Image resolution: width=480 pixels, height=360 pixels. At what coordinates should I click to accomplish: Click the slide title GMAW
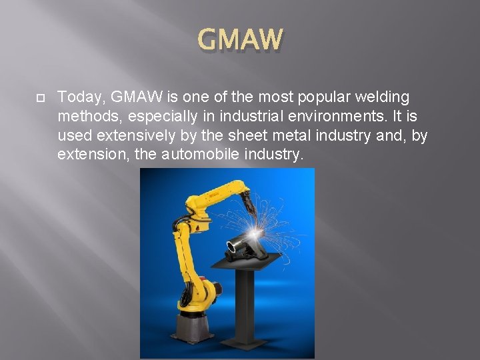tap(240, 39)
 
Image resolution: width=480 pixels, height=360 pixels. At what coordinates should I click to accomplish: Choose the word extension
tap(90, 155)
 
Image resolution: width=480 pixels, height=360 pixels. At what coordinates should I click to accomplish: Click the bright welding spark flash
tap(258, 231)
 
